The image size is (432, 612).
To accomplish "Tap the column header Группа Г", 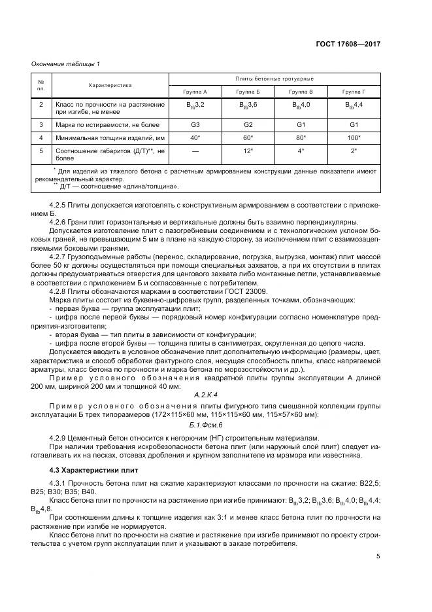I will click(x=354, y=92).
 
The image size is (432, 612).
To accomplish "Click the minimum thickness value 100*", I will click(x=354, y=137).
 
